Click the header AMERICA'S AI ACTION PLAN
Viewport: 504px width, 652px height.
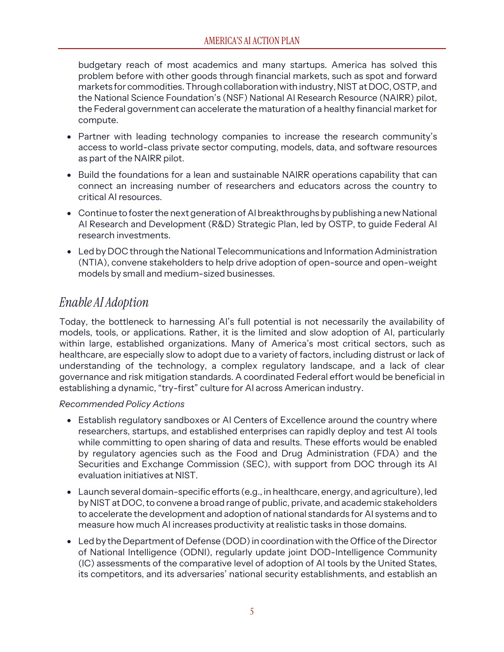click(x=252, y=41)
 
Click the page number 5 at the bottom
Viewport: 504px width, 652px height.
click(x=252, y=612)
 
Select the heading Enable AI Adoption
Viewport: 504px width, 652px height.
click(x=104, y=302)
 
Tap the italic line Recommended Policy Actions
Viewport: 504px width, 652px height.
click(x=121, y=404)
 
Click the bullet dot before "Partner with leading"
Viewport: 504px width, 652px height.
click(x=70, y=137)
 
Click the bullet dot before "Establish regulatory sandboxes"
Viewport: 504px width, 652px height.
click(x=70, y=421)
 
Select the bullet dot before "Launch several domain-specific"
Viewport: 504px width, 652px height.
click(x=70, y=492)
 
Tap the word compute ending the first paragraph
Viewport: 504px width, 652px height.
click(x=98, y=120)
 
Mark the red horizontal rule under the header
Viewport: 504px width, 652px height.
click(x=252, y=49)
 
